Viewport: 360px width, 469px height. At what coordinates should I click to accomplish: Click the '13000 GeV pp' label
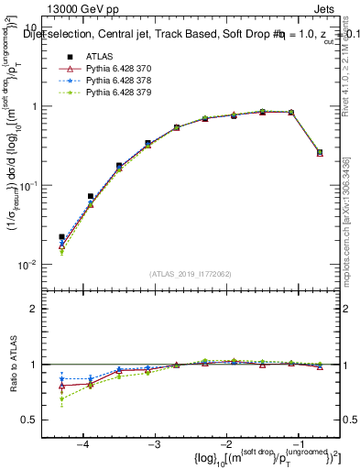click(x=80, y=8)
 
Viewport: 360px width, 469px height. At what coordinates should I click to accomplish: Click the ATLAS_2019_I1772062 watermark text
click(x=191, y=274)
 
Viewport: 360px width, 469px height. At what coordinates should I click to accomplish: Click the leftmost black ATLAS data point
click(x=61, y=236)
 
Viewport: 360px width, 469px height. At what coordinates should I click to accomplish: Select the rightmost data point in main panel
click(x=319, y=152)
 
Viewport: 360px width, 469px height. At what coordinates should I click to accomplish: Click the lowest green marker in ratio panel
click(x=61, y=398)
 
